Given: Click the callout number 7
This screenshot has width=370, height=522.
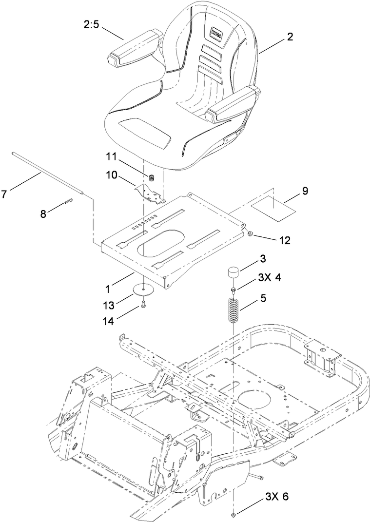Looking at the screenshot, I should pyautogui.click(x=4, y=194).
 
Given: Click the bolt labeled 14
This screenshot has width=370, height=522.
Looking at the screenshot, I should pyautogui.click(x=143, y=305).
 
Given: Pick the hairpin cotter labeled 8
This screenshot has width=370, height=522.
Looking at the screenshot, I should pyautogui.click(x=69, y=199).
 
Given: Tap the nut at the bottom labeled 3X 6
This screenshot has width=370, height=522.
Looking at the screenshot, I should pyautogui.click(x=234, y=515).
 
